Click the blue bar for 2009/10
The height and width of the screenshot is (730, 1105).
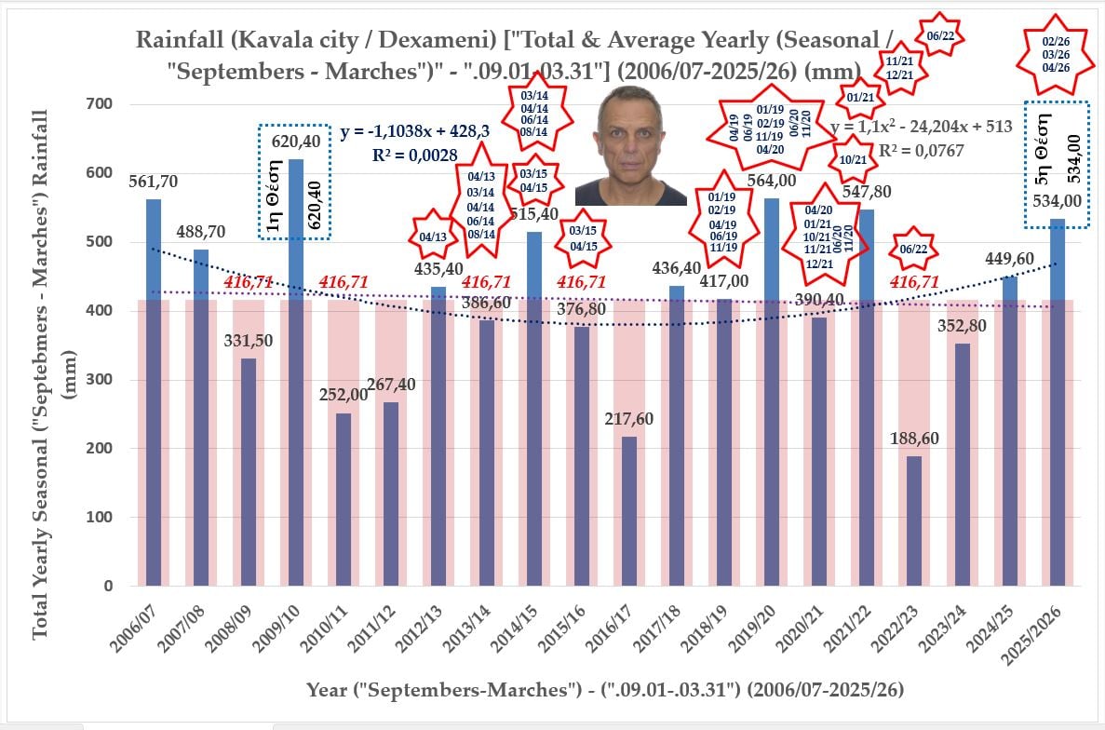[297, 372]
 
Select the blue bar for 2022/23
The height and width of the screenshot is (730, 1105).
[913, 521]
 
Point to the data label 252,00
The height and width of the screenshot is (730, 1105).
[344, 394]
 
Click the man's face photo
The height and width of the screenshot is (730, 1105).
[631, 147]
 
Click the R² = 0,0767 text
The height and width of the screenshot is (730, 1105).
[922, 150]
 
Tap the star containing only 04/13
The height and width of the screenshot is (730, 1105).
[433, 237]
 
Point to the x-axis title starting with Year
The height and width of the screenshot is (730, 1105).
[604, 690]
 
